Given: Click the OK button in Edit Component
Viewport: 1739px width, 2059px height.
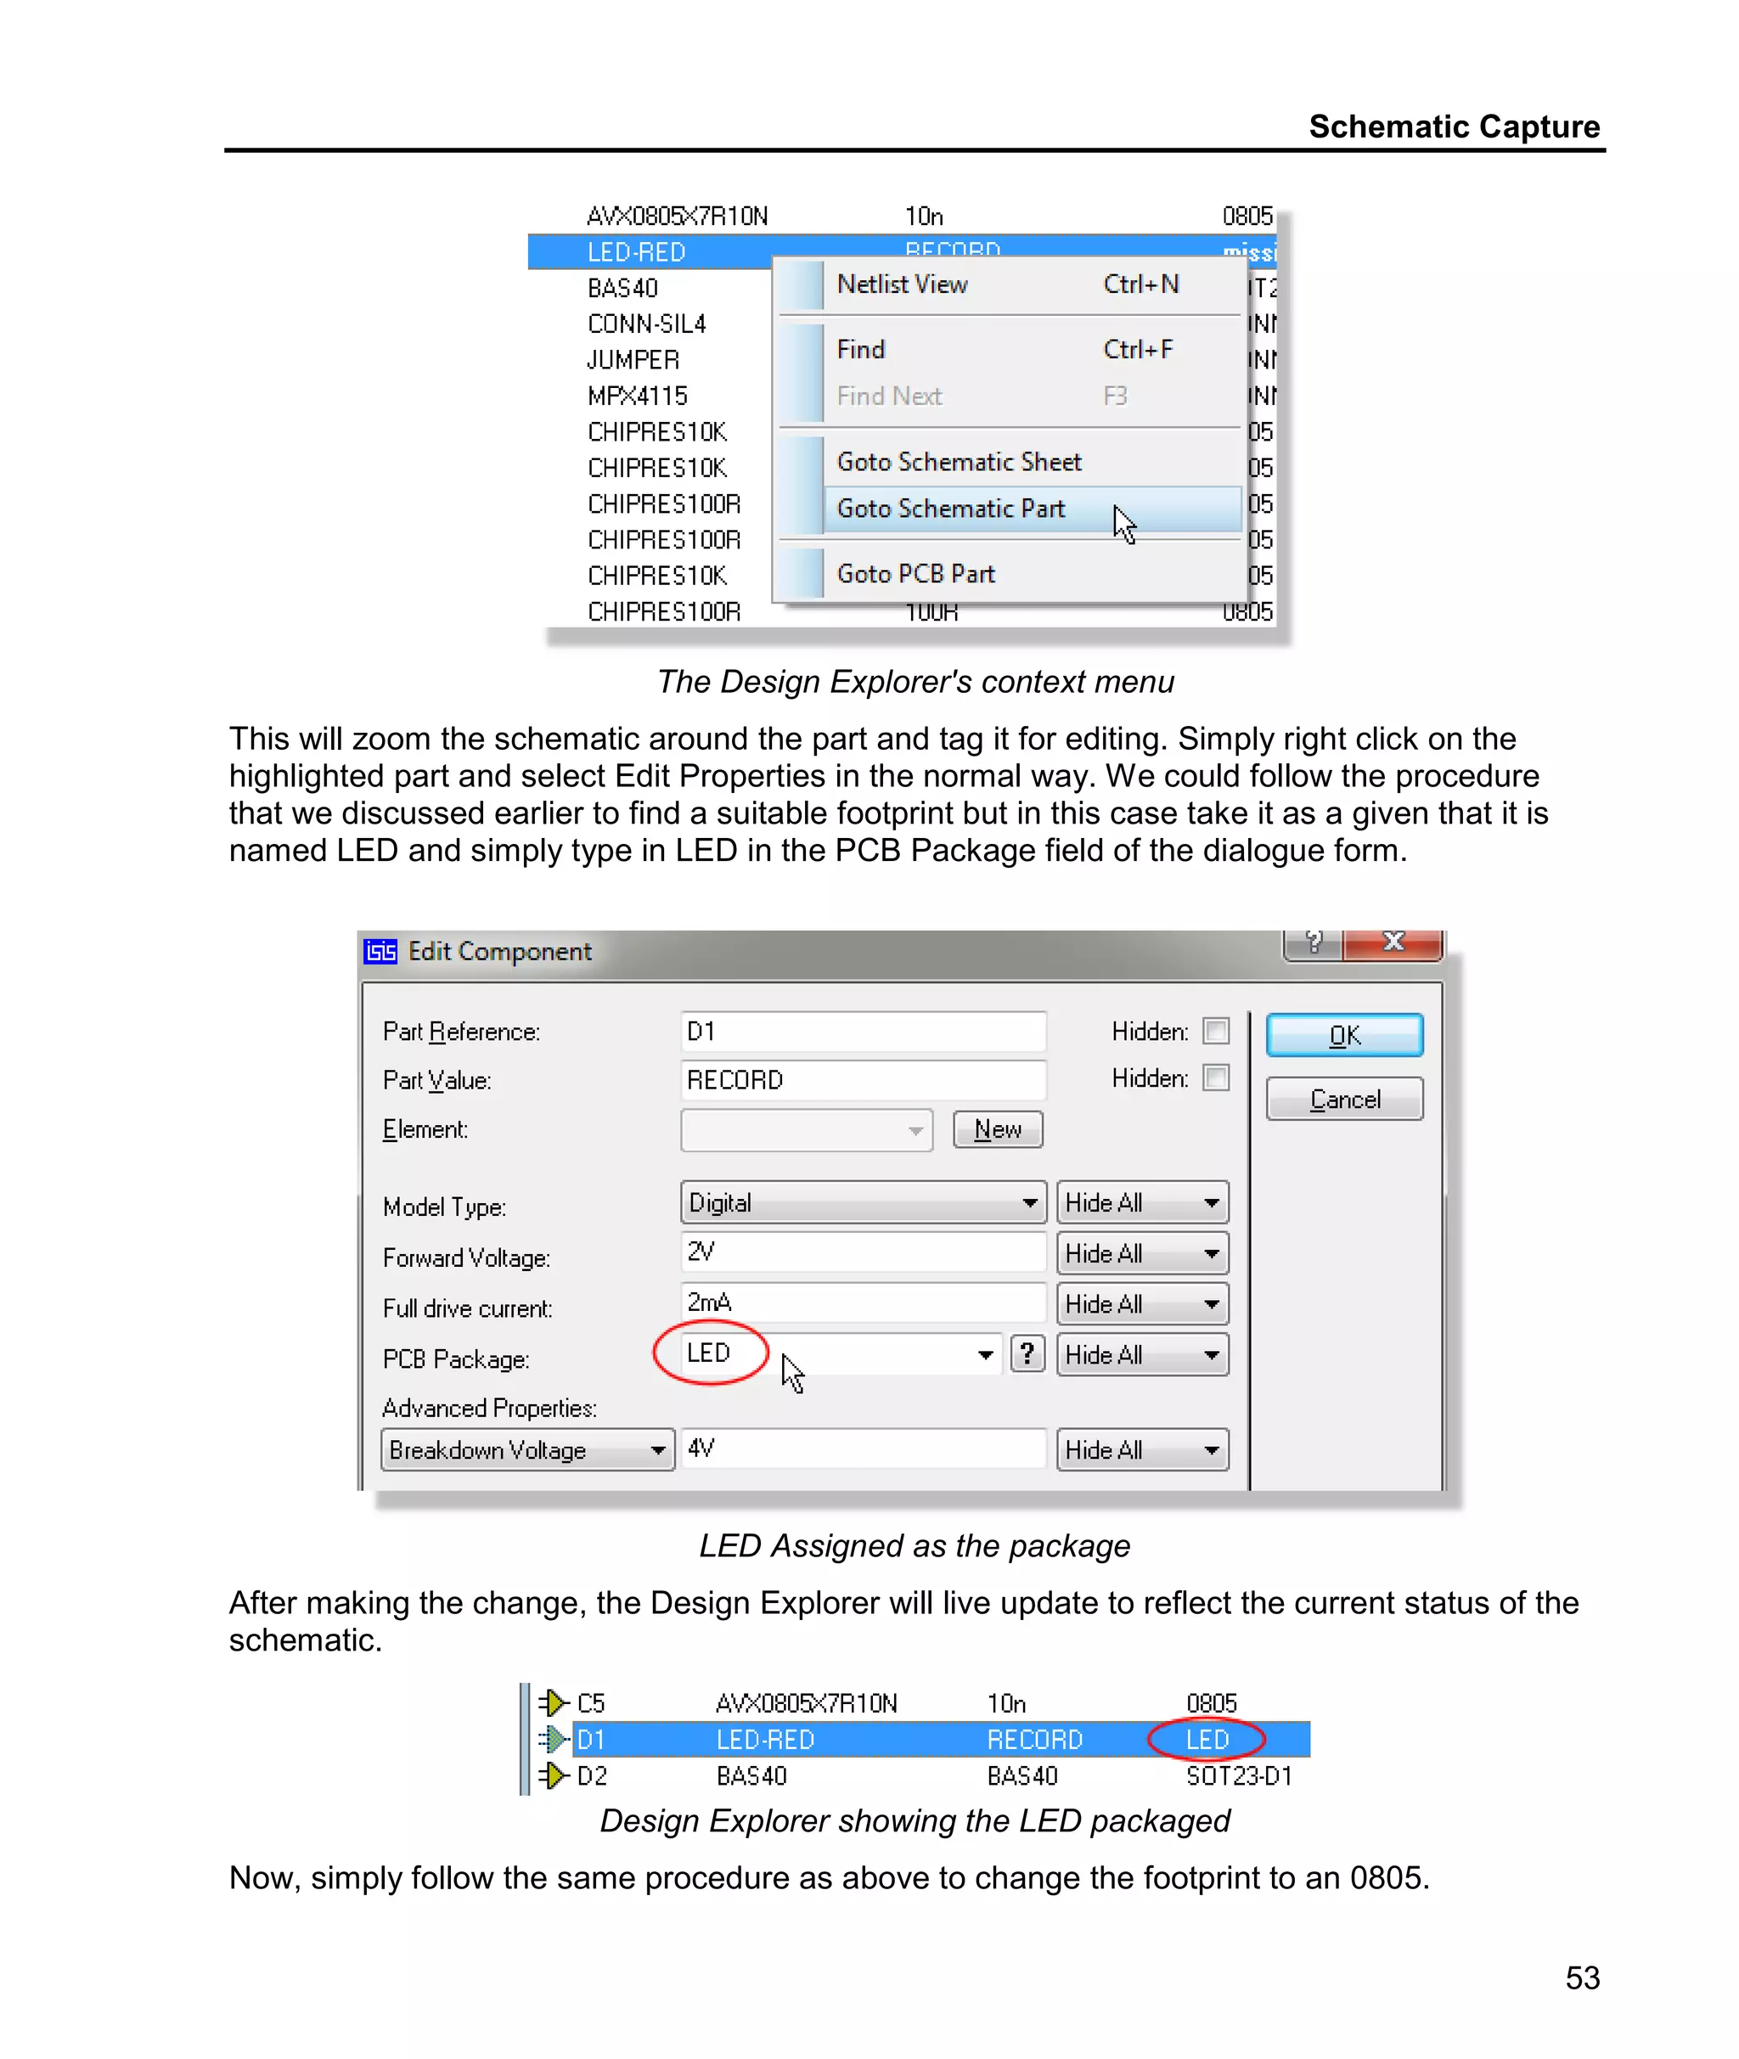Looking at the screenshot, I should (x=1343, y=1035).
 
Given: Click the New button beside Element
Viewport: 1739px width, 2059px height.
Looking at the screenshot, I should (x=997, y=1128).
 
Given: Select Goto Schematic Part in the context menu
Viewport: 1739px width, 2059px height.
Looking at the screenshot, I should (x=950, y=509).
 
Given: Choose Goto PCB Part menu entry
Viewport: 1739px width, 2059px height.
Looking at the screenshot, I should (x=916, y=574).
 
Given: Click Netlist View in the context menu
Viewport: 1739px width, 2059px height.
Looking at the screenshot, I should (x=902, y=284).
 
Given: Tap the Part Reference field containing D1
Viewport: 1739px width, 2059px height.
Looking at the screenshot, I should (x=862, y=1031).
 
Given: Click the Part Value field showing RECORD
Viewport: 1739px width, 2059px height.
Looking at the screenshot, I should (x=862, y=1080).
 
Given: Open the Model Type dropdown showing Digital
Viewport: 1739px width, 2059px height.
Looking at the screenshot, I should (x=862, y=1202).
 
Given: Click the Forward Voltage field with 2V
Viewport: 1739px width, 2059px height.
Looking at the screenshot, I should (x=862, y=1252).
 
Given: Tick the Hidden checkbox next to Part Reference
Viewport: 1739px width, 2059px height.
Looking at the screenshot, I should (x=1217, y=1031).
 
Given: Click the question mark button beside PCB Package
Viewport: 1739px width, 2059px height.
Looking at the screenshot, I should (x=1027, y=1354).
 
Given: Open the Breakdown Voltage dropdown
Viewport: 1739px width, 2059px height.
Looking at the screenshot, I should (x=526, y=1450).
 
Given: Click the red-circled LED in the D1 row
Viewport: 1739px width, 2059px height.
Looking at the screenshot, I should (x=1207, y=1740).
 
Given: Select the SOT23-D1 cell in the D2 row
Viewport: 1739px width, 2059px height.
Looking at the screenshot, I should (x=1238, y=1776).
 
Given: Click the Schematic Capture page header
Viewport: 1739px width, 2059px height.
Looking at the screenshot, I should (x=1453, y=127).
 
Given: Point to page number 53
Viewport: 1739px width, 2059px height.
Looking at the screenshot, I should (x=1582, y=1977).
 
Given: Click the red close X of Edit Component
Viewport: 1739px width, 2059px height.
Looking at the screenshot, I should (x=1393, y=942).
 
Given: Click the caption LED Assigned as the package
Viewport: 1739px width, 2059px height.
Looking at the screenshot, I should (x=914, y=1545).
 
